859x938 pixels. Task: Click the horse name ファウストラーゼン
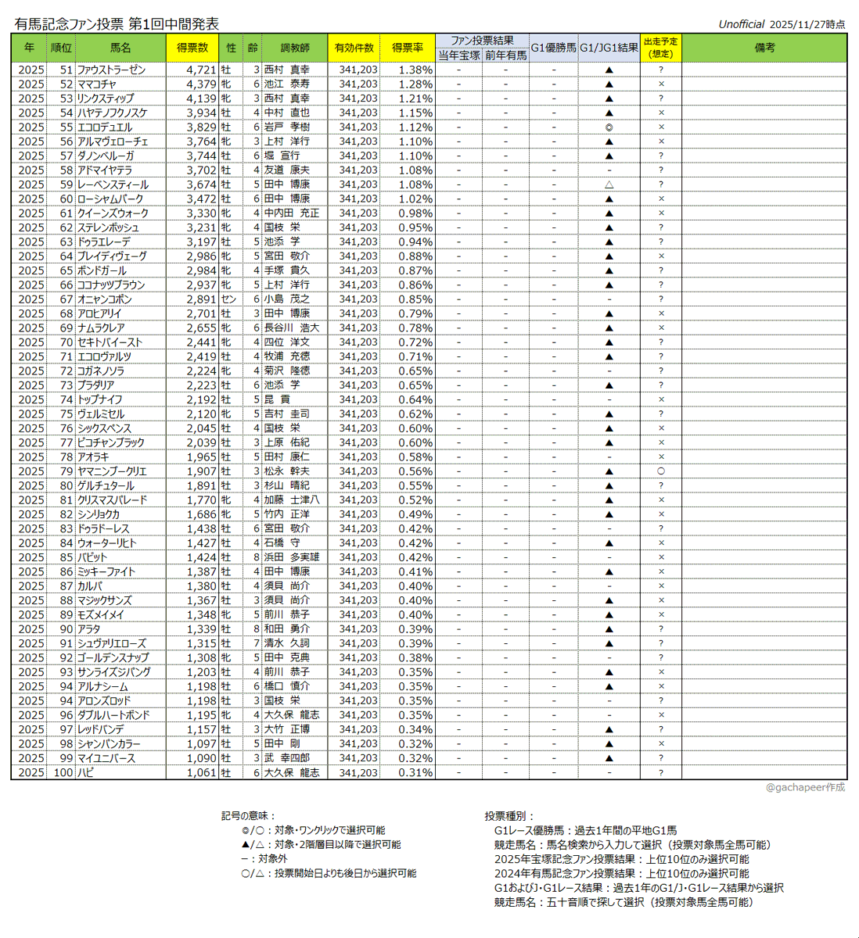coord(111,70)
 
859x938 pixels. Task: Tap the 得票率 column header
coord(408,48)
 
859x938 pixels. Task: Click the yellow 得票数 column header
coord(192,48)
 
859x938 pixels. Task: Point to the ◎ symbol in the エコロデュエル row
coord(609,127)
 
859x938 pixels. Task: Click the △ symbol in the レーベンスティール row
coord(609,184)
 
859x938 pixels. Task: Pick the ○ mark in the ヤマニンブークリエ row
coord(661,471)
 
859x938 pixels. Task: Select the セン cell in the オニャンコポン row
coord(228,299)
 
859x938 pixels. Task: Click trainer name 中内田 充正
coord(291,213)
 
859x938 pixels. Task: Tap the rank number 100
coord(63,773)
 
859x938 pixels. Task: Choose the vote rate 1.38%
coord(415,70)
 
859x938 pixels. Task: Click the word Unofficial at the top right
coord(741,24)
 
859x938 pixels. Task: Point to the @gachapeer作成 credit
coord(805,787)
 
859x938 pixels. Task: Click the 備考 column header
coord(764,48)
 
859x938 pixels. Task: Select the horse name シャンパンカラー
coord(110,744)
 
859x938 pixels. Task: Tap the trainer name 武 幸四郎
coord(286,758)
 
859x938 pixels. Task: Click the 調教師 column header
coord(296,48)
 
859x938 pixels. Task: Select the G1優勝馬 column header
coord(553,48)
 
